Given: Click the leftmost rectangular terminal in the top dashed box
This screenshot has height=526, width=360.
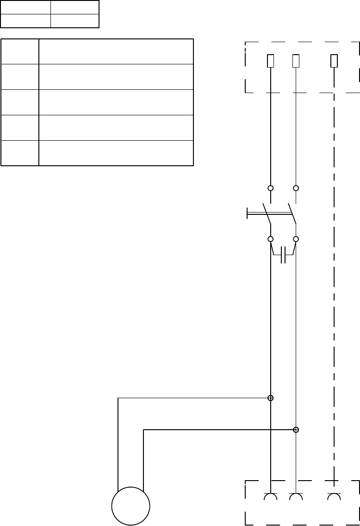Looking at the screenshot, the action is (271, 61).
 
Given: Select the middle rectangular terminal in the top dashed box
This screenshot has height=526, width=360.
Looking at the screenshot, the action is (296, 61).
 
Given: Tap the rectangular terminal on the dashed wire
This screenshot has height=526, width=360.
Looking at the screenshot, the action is (334, 61).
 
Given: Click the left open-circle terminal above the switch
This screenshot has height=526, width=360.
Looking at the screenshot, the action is (271, 188).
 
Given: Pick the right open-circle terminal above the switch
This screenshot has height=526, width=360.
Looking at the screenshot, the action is (296, 188).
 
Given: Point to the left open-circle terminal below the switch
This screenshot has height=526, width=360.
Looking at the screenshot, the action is (271, 239).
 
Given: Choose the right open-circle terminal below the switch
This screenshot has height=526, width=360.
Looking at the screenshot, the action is (296, 239).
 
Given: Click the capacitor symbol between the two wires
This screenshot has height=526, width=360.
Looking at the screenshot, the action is (284, 255).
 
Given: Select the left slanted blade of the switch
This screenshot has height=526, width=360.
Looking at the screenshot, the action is (267, 213).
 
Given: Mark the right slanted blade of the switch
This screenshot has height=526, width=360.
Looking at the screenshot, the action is (292, 213).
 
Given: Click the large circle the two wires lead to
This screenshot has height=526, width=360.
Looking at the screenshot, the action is (131, 506).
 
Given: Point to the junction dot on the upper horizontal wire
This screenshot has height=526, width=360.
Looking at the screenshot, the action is (271, 398).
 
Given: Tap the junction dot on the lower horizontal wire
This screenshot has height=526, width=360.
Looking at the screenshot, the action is (296, 430).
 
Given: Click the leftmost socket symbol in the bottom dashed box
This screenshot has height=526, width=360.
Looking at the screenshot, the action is (271, 497).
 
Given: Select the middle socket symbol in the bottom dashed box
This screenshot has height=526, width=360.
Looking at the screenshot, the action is (296, 497).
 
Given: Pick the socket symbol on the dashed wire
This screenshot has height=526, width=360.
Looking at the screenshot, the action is (334, 497).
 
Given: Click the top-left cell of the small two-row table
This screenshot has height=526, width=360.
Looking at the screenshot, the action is (25, 7).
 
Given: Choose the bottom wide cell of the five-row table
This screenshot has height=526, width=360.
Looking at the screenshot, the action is (116, 153).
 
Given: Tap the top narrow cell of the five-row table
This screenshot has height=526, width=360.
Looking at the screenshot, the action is (20, 51).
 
